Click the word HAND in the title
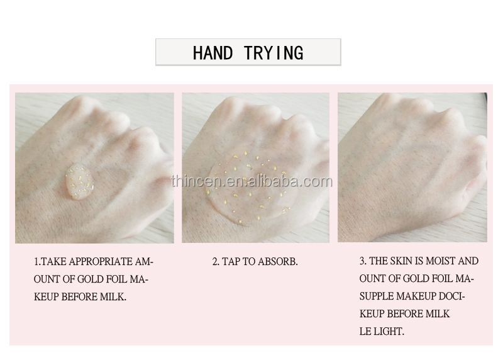pyautogui.click(x=213, y=53)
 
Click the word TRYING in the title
pyautogui.click(x=274, y=53)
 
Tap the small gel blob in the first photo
pyautogui.click(x=80, y=182)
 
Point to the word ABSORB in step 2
pyautogui.click(x=278, y=261)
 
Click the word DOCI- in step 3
pyautogui.click(x=451, y=296)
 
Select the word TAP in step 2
pyautogui.click(x=231, y=261)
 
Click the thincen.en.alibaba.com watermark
pyautogui.click(x=252, y=181)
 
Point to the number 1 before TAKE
pyautogui.click(x=36, y=261)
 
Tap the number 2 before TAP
pyautogui.click(x=216, y=261)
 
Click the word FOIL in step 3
pyautogui.click(x=440, y=278)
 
